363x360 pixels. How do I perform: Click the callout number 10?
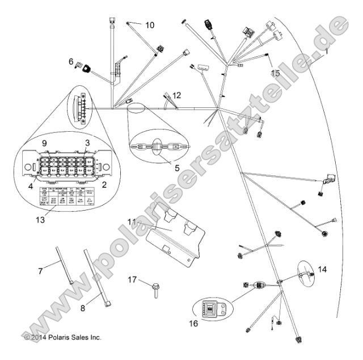149,25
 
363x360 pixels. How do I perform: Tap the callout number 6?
71,61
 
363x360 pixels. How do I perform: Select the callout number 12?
177,95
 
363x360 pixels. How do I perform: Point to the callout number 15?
275,73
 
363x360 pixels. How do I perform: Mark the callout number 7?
40,271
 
